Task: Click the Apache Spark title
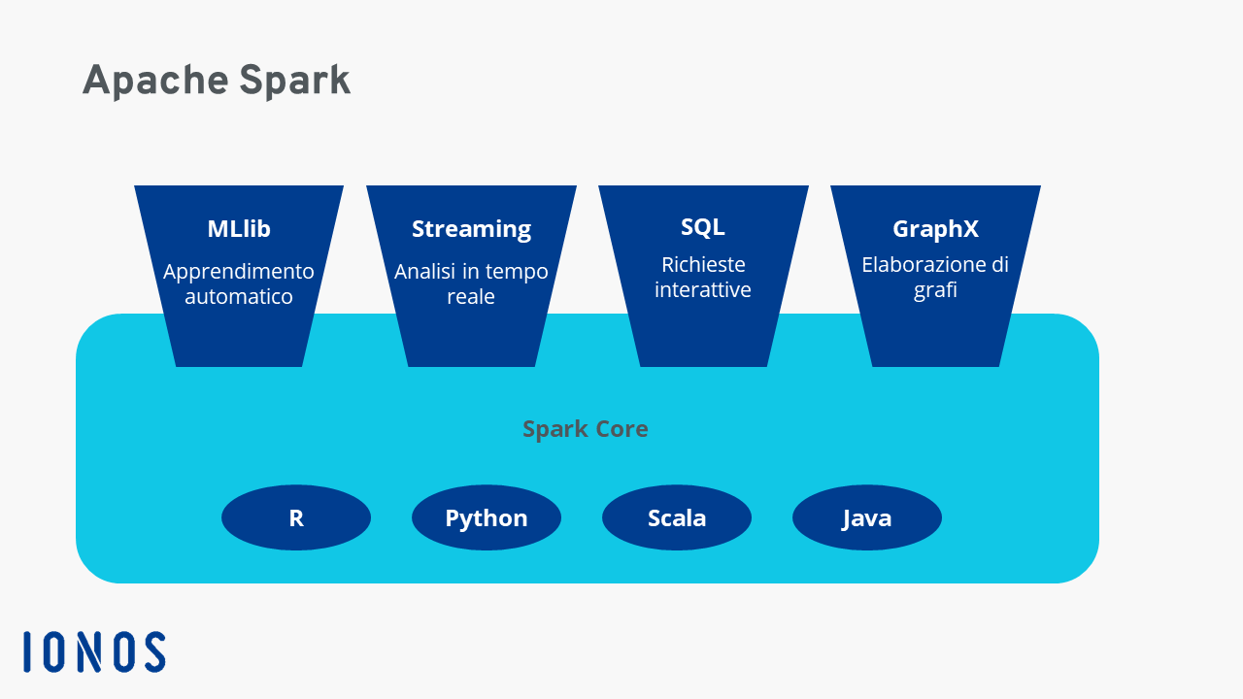pyautogui.click(x=217, y=81)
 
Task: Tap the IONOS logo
pyautogui.click(x=94, y=651)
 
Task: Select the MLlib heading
pyautogui.click(x=239, y=228)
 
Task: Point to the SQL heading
pyautogui.click(x=702, y=226)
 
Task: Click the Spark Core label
pyautogui.click(x=586, y=429)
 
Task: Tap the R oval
pyautogui.click(x=296, y=517)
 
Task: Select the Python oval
pyautogui.click(x=487, y=517)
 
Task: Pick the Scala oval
pyautogui.click(x=677, y=517)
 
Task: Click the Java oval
pyautogui.click(x=867, y=517)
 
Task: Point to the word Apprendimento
pyautogui.click(x=239, y=273)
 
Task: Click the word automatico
pyautogui.click(x=239, y=297)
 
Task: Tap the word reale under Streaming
pyautogui.click(x=471, y=297)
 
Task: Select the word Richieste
pyautogui.click(x=703, y=265)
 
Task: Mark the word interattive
pyautogui.click(x=702, y=289)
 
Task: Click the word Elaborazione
pyautogui.click(x=922, y=265)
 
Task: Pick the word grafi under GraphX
pyautogui.click(x=935, y=290)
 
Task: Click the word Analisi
pyautogui.click(x=425, y=271)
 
